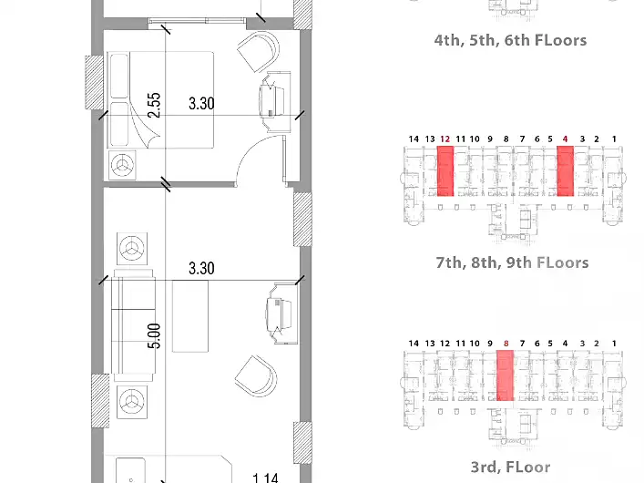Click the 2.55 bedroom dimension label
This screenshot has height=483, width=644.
click(154, 105)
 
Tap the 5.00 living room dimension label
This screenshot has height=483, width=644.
click(154, 336)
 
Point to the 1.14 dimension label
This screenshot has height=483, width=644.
click(265, 478)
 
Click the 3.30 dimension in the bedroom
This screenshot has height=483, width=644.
click(201, 103)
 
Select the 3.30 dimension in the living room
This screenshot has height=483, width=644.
click(201, 269)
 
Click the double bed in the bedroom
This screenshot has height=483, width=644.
click(160, 99)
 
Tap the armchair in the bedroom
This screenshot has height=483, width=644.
click(259, 52)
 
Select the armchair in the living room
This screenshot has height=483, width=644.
click(256, 376)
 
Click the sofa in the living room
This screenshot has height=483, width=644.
click(133, 324)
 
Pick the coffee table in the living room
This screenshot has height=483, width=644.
click(190, 316)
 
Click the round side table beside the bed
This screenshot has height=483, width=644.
click(122, 165)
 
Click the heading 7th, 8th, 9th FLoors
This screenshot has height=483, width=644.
click(512, 262)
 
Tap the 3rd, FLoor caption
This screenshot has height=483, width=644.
click(510, 467)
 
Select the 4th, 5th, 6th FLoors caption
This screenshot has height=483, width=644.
click(510, 40)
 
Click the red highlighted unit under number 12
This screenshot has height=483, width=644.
click(445, 171)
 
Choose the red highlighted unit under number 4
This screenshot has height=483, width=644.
click(565, 171)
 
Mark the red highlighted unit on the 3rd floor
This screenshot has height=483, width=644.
click(506, 375)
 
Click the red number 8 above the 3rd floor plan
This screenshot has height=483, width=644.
click(506, 344)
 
